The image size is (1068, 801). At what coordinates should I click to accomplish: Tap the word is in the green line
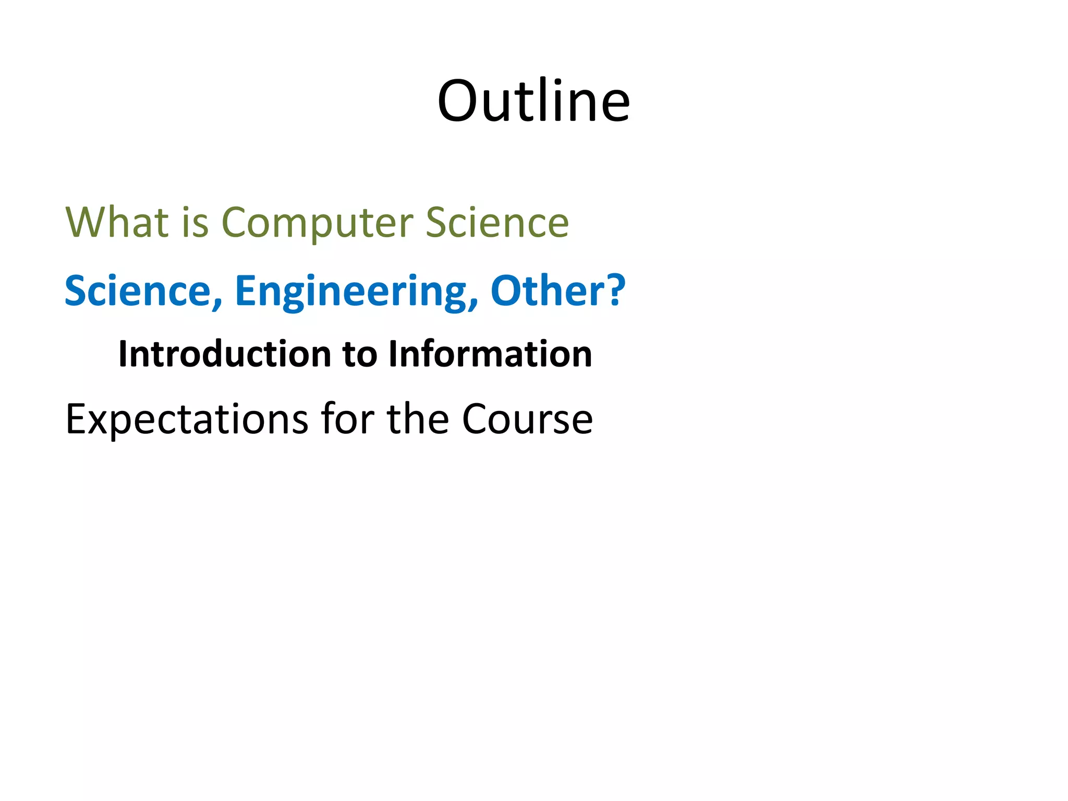(196, 223)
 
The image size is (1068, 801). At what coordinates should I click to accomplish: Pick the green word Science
(497, 223)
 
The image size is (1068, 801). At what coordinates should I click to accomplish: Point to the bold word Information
(490, 354)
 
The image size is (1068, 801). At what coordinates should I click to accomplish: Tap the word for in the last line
(347, 418)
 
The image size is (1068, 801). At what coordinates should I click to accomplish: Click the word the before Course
(418, 418)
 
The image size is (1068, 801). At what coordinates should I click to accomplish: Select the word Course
(527, 419)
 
